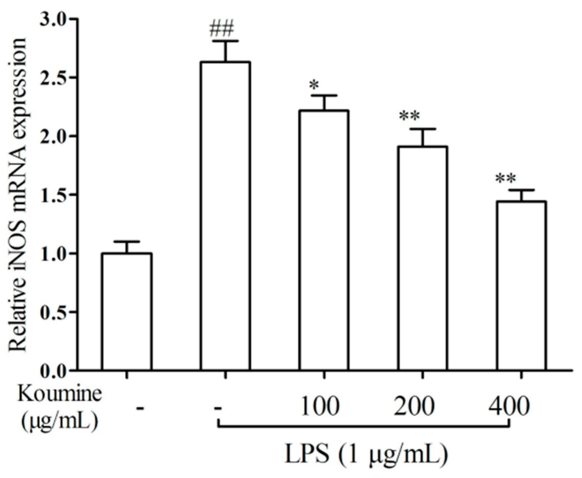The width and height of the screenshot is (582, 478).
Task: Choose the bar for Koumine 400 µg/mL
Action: [x=521, y=285]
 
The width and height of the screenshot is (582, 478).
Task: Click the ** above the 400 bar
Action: [x=505, y=179]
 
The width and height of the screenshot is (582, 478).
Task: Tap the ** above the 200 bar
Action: [x=409, y=116]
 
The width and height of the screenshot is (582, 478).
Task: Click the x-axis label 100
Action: [x=319, y=407]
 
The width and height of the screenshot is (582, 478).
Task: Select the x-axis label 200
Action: [x=414, y=407]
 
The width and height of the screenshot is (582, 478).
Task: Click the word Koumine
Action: [x=59, y=394]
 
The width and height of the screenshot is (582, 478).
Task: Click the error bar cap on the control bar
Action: [x=127, y=241]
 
